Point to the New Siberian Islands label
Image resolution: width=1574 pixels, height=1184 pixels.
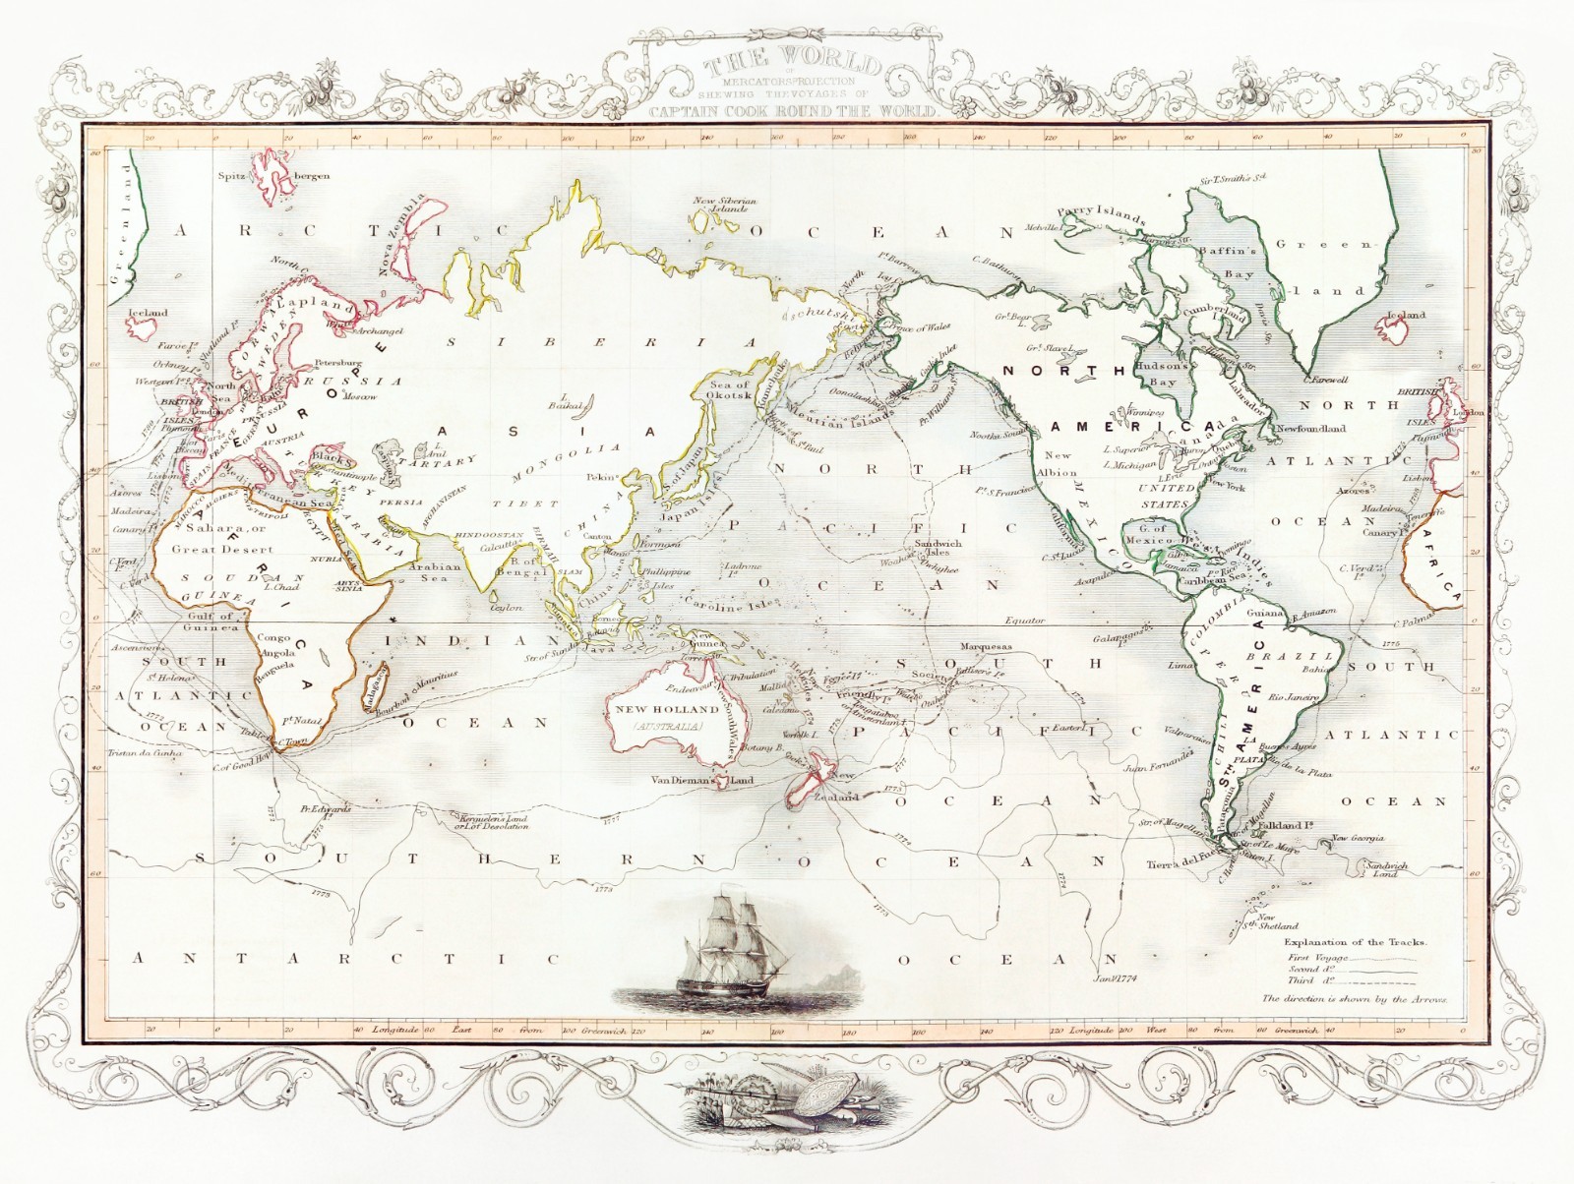[x=725, y=205]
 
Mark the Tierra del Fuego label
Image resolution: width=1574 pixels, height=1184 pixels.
[x=1184, y=864]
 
